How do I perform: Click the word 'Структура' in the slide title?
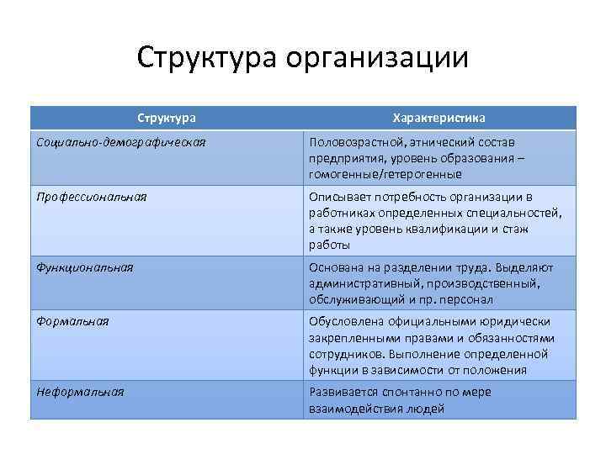click(207, 59)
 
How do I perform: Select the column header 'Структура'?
click(167, 118)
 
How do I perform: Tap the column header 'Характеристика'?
click(439, 118)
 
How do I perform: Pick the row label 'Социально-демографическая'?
click(121, 141)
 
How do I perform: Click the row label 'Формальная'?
click(72, 320)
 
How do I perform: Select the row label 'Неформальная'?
click(80, 392)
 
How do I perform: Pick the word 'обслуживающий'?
click(354, 299)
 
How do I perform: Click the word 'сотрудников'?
click(348, 353)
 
